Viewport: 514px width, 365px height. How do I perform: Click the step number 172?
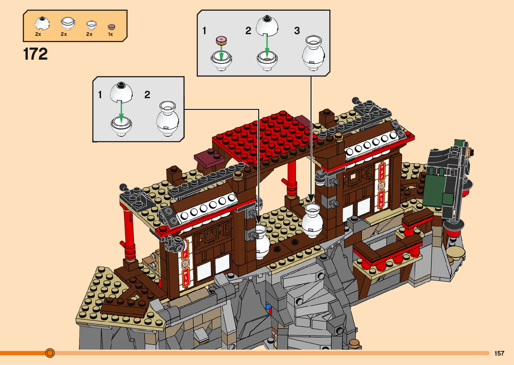[35, 54]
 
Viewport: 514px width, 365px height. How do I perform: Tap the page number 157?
[499, 353]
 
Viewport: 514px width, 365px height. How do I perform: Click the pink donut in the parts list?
[111, 27]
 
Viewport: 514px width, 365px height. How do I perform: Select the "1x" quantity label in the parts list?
[110, 34]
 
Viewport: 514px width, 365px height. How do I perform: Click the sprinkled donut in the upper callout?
[221, 41]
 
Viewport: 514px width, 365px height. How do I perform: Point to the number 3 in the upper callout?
[297, 31]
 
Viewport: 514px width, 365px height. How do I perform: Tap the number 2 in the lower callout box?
[147, 95]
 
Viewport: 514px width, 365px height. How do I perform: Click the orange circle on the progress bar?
[50, 353]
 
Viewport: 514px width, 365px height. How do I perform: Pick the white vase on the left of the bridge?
[262, 241]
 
